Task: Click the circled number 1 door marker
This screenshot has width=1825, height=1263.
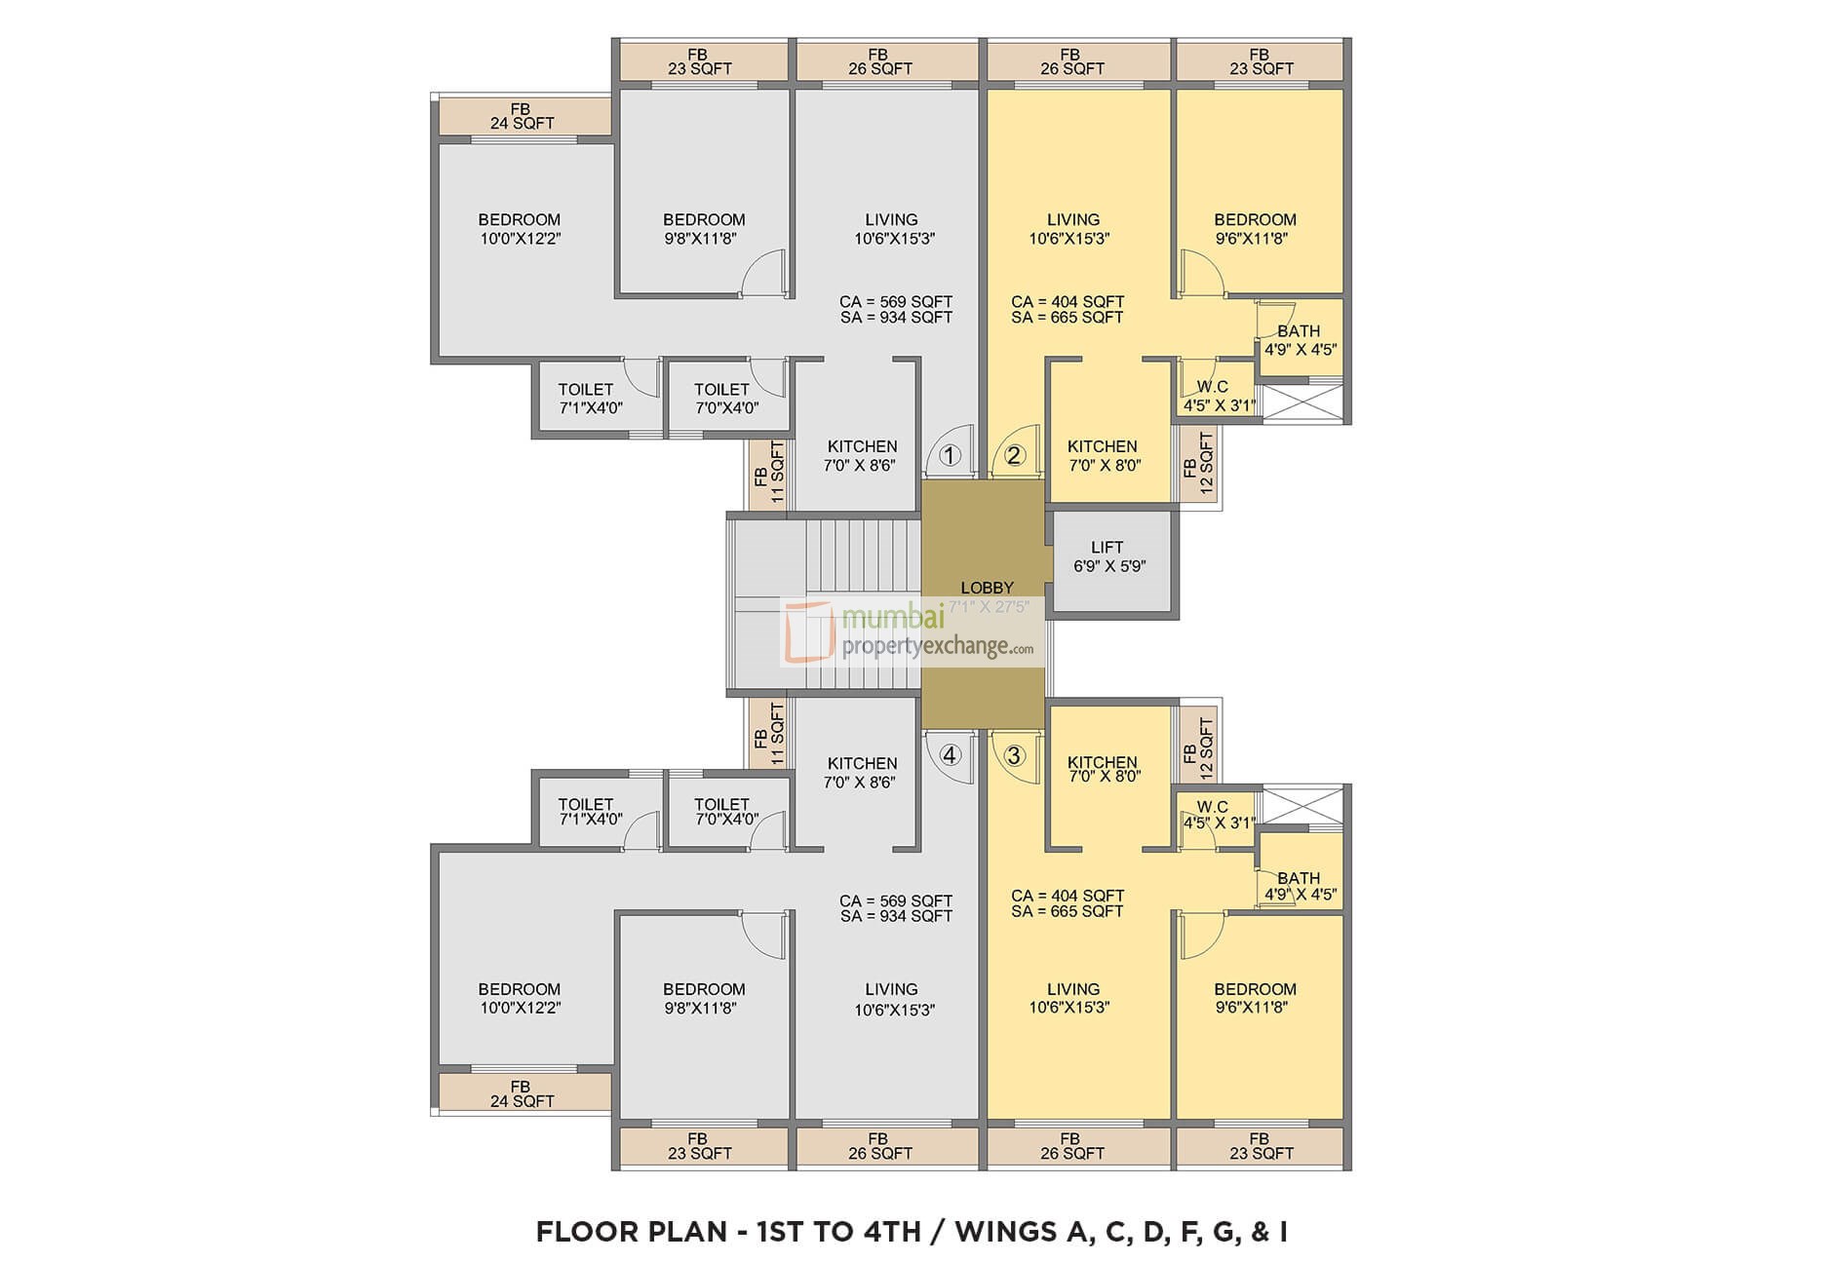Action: [x=951, y=455]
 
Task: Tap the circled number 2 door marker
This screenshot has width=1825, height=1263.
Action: [x=1015, y=455]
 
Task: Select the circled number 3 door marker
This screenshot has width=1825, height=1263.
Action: [x=1015, y=755]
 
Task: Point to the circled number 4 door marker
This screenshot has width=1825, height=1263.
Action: [x=951, y=755]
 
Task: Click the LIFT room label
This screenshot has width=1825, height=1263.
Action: [x=1108, y=555]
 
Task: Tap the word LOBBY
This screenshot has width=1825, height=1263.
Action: [x=987, y=588]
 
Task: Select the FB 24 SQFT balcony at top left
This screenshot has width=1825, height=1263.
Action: [x=522, y=116]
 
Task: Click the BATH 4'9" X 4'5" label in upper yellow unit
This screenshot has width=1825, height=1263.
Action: [x=1300, y=340]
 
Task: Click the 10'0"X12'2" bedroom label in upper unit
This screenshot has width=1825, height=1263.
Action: [x=519, y=229]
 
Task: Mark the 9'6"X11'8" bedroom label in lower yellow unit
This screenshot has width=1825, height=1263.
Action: [x=1255, y=998]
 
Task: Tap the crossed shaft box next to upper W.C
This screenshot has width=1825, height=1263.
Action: [x=1302, y=403]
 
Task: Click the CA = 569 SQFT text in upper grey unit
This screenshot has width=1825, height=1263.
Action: [x=895, y=302]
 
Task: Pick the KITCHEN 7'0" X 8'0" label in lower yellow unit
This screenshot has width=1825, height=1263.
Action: [x=1103, y=769]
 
